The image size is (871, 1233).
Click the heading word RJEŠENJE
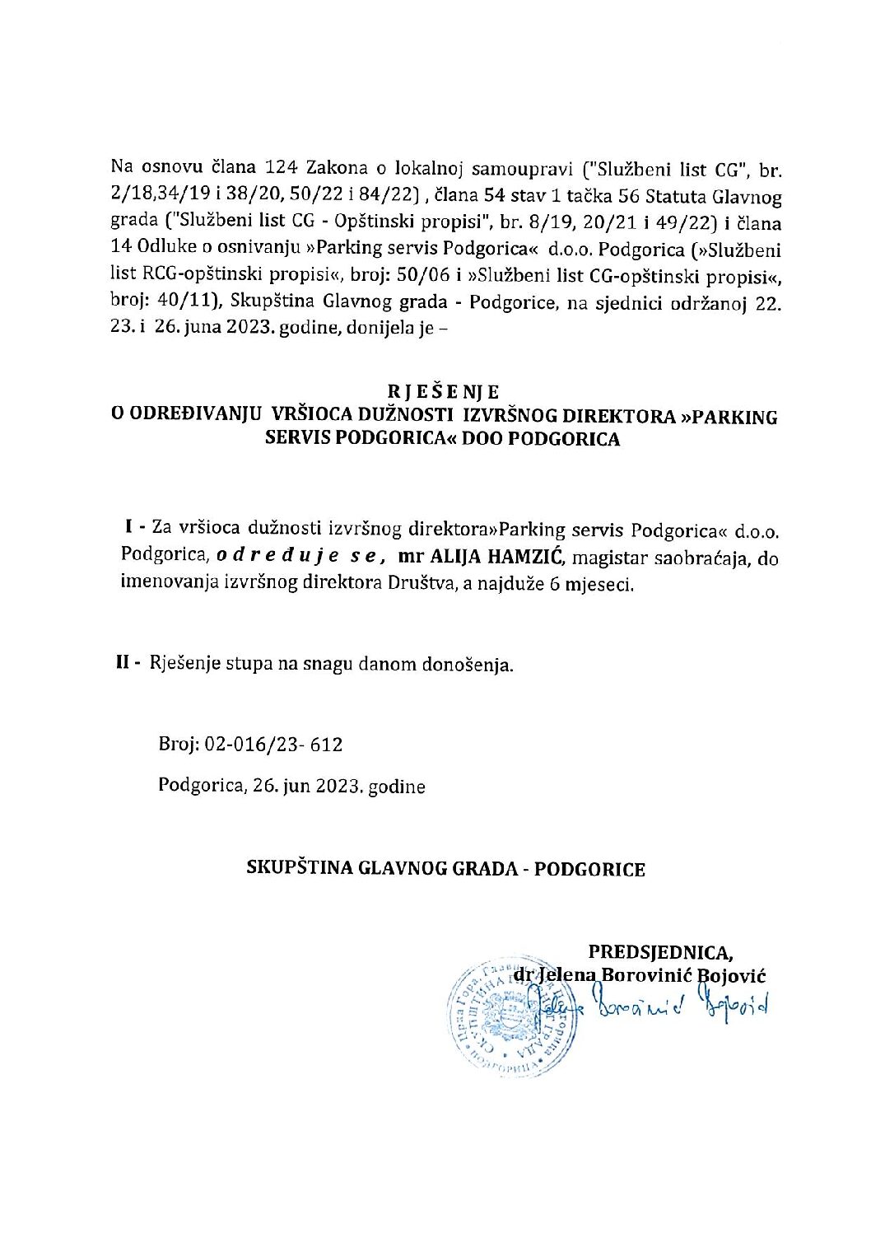pyautogui.click(x=445, y=390)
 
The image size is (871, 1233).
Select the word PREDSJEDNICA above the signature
pyautogui.click(x=659, y=953)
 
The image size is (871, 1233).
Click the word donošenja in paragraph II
pyautogui.click(x=473, y=665)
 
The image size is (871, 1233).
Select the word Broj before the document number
pyautogui.click(x=177, y=745)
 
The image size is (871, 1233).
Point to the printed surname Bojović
pyautogui.click(x=732, y=976)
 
